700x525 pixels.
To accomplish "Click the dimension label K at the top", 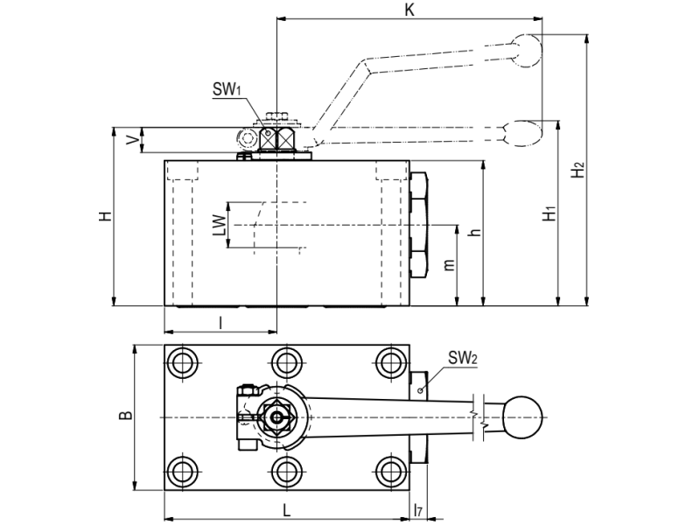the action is click(409, 10).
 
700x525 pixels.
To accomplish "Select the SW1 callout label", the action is click(227, 89).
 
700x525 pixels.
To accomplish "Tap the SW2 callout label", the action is click(463, 358).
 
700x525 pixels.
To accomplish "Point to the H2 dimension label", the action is click(578, 169).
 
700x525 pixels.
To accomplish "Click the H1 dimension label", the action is click(549, 213).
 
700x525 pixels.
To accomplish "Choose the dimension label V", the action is click(133, 140).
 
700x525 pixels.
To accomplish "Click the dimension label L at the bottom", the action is click(286, 510).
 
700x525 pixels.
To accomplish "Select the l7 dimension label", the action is click(418, 510).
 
